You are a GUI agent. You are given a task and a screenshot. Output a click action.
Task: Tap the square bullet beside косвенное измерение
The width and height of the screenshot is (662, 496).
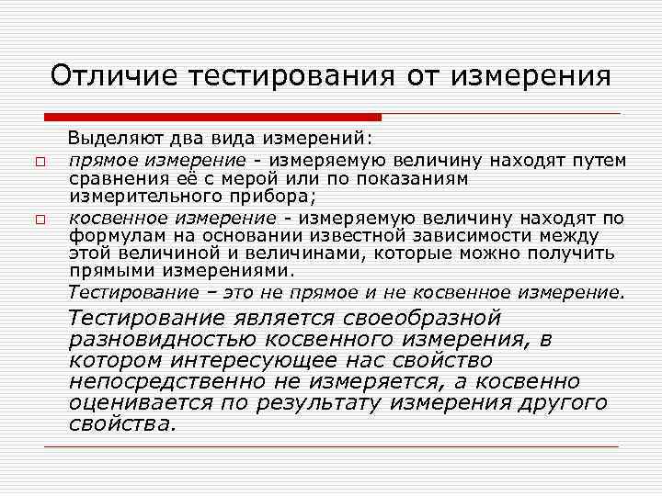(x=40, y=220)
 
